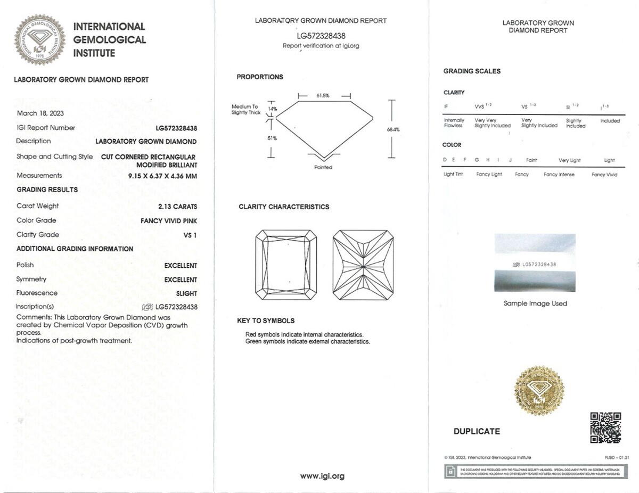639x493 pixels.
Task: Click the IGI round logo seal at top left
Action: point(38,39)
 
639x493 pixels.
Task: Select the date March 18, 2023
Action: point(40,113)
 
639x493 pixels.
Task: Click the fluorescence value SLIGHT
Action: point(186,293)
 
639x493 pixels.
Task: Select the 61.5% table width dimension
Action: point(323,96)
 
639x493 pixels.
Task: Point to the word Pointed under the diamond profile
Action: point(323,167)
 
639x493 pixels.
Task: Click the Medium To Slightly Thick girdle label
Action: point(245,110)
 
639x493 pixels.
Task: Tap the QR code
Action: point(605,428)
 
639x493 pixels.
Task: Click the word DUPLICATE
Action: point(477,431)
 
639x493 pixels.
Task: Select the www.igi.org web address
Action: point(322,476)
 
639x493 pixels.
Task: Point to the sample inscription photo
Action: point(535,262)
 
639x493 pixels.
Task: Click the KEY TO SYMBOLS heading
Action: point(266,321)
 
